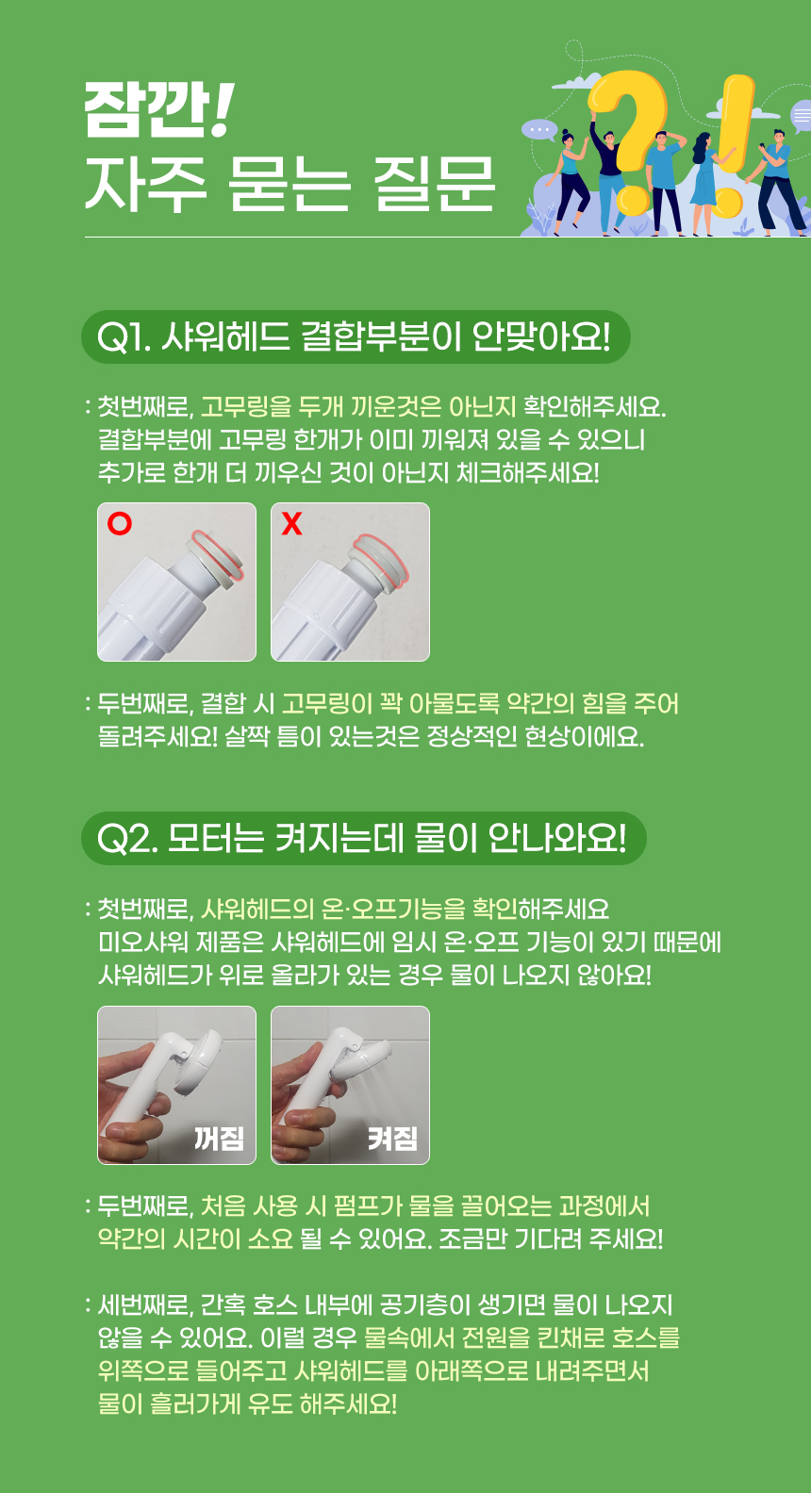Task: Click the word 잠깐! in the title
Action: click(158, 110)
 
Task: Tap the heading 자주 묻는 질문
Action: click(290, 185)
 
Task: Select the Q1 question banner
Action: click(356, 336)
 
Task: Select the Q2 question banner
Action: click(363, 838)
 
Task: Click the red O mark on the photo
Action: click(120, 524)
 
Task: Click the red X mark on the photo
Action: click(291, 524)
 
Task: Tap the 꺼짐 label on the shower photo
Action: click(219, 1138)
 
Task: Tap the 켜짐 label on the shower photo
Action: click(393, 1138)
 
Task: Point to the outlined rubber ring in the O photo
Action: click(218, 554)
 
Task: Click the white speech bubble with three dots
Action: click(539, 129)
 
